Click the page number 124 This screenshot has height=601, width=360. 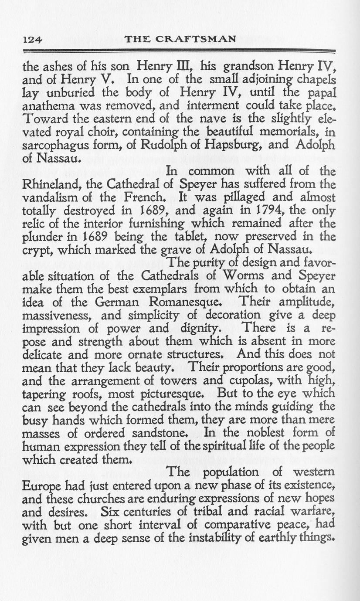click(32, 39)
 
